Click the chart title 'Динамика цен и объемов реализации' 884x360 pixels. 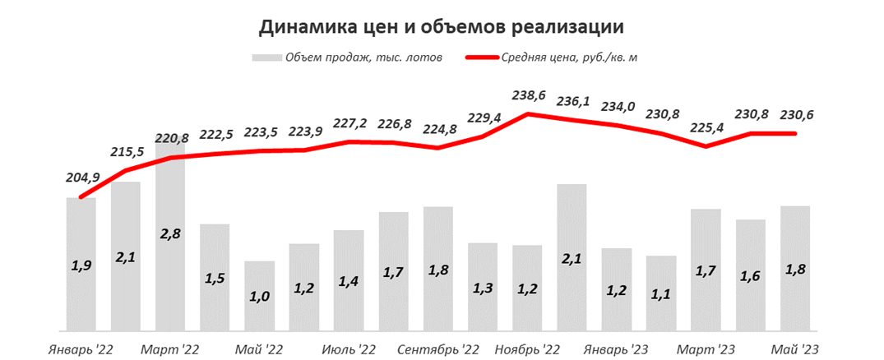point(442,27)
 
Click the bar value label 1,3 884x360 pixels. point(482,288)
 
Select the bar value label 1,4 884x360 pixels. point(349,282)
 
